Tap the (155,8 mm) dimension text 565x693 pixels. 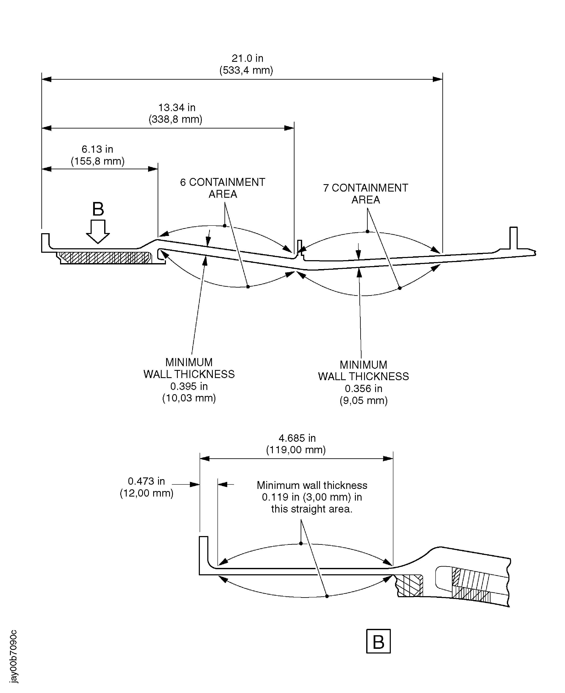click(x=98, y=161)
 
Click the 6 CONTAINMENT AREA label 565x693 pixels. click(x=223, y=188)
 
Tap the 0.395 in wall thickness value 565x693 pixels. click(x=189, y=386)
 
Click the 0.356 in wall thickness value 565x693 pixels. click(x=363, y=389)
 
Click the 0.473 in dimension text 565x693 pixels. click(x=146, y=481)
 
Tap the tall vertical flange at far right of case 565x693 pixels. click(x=513, y=238)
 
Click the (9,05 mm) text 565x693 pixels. click(x=363, y=400)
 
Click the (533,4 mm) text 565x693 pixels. click(x=246, y=70)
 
